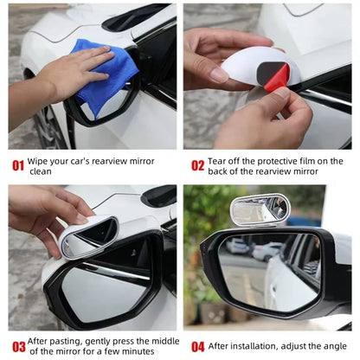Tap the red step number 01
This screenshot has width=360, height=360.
point(18,164)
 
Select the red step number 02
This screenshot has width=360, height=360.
point(198,164)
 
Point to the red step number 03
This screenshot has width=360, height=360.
point(18,346)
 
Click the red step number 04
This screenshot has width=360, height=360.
point(198,346)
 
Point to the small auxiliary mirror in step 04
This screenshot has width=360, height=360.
point(260,209)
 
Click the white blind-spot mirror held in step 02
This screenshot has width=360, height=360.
point(251,64)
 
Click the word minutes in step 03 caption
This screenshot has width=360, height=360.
point(147,350)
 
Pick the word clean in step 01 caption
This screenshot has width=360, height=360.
point(40,170)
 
